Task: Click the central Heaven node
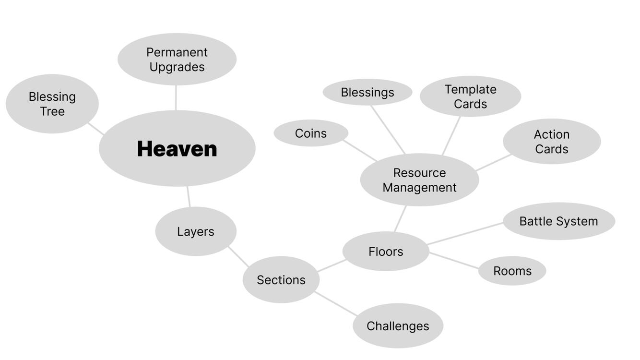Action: (177, 148)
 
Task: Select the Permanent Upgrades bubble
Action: (177, 59)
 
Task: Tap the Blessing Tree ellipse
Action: (52, 104)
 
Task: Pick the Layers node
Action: (195, 231)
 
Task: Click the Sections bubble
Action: (281, 280)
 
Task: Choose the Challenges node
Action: (397, 326)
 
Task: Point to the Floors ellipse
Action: (385, 252)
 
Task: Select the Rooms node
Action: (512, 271)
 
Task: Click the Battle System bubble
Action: (558, 221)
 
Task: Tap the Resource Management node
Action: (419, 180)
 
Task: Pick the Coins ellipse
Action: (310, 133)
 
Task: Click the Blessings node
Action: (367, 92)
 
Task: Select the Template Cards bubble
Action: (470, 96)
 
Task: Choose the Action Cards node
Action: (551, 142)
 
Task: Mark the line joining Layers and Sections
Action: (238, 257)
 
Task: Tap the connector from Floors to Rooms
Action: (454, 261)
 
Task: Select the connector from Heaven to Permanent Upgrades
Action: (176, 98)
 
